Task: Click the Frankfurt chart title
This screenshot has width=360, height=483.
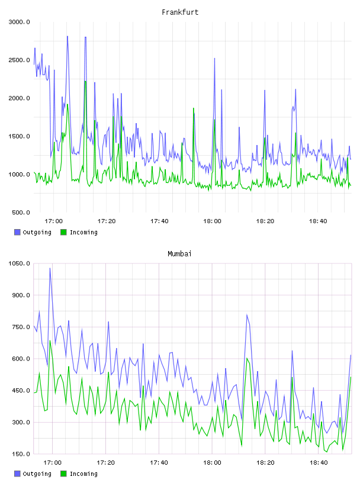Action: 180,12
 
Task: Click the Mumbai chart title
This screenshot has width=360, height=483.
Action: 179,253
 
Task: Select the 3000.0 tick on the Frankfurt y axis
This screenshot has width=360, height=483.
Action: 19,22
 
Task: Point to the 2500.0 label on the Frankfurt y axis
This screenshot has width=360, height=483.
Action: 19,60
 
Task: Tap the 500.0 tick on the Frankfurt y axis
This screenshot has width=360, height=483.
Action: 21,212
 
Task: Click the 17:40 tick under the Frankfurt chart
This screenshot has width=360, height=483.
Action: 159,221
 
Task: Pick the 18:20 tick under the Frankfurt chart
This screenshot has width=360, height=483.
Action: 265,221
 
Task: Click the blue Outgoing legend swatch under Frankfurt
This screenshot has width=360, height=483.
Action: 17,232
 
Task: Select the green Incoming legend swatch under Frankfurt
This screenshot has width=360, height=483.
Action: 63,232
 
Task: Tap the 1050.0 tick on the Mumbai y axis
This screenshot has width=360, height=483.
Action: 19,263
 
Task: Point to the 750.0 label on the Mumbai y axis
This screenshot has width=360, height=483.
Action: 21,327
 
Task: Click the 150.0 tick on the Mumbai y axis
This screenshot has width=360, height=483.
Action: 21,454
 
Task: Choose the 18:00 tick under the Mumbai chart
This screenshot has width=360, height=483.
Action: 212,462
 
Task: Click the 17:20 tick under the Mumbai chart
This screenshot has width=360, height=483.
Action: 106,462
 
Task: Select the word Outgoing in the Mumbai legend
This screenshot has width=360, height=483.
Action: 37,474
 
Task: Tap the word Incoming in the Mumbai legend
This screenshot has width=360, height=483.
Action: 83,474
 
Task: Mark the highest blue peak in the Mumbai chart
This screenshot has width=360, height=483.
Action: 50,268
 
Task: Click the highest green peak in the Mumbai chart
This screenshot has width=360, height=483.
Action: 50,341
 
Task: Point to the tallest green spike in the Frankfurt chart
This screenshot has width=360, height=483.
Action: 85,81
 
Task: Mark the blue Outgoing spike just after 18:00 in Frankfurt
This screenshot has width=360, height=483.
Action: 214,58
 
